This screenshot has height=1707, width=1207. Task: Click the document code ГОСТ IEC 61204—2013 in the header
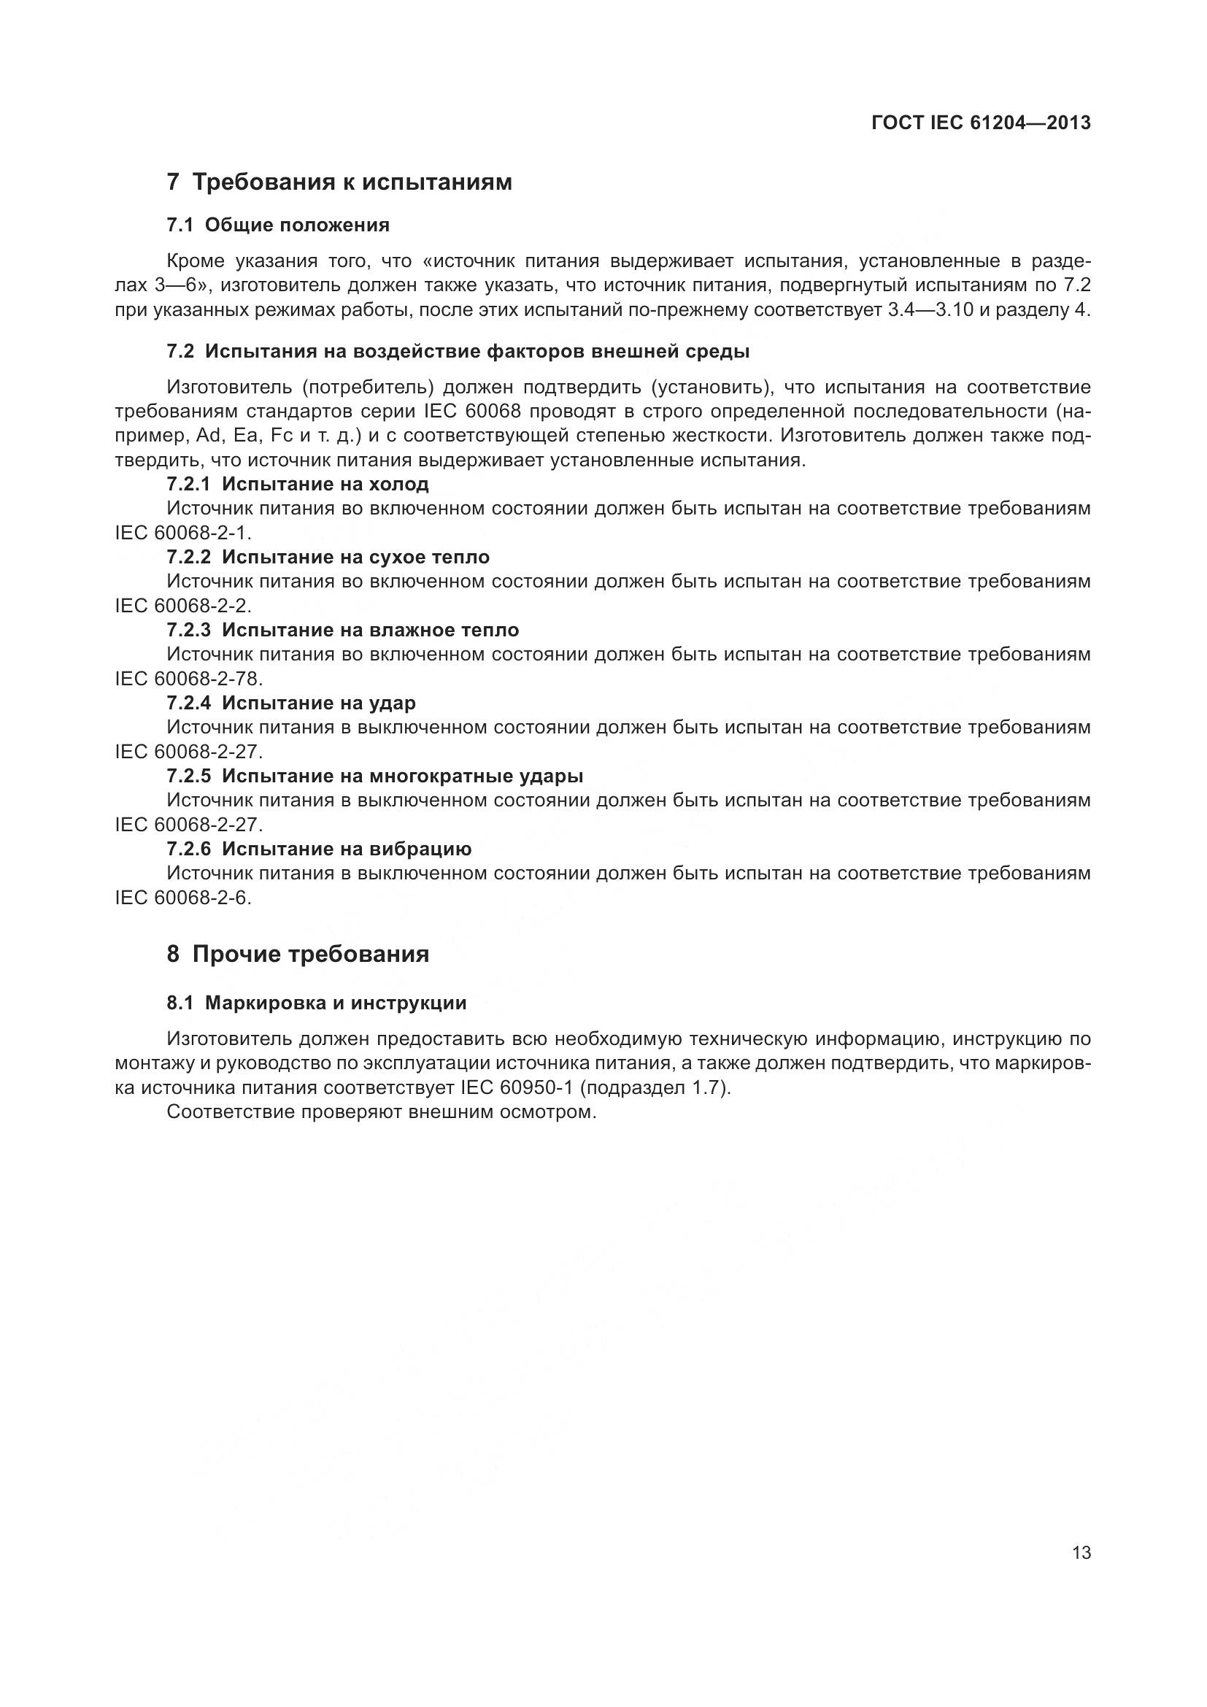pos(981,123)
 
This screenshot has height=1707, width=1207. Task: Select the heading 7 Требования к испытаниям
pos(339,182)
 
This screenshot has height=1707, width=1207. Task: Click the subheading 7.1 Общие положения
pos(278,225)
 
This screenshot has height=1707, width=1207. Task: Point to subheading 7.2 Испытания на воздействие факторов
pos(458,351)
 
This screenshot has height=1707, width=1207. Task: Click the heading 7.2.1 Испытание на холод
pos(297,484)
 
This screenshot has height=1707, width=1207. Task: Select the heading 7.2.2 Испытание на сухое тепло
pos(328,557)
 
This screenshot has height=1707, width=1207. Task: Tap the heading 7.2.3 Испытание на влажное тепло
pos(343,630)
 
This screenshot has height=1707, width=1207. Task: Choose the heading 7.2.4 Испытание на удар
pos(290,703)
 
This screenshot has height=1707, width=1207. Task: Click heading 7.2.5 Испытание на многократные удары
pos(374,776)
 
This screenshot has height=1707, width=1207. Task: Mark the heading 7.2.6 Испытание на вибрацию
pos(319,848)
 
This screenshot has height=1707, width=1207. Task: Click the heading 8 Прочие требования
pos(298,954)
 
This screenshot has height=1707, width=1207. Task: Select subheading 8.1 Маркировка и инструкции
pos(317,1003)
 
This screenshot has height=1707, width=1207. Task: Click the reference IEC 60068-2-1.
pos(182,533)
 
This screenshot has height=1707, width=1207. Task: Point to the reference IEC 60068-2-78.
pos(188,679)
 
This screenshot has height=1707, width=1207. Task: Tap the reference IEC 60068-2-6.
pos(182,898)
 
